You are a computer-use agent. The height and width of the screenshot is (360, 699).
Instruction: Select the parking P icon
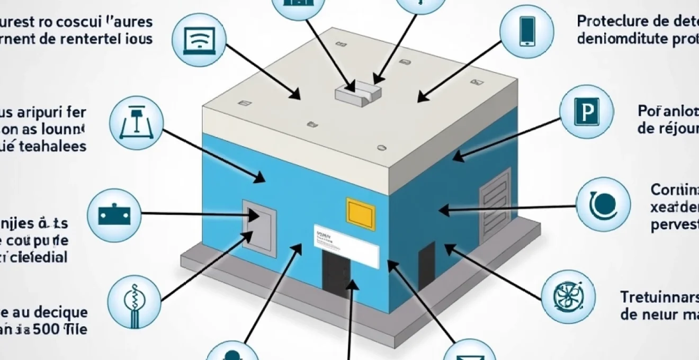point(586,112)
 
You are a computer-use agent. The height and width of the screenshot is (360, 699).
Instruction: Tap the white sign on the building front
point(346,245)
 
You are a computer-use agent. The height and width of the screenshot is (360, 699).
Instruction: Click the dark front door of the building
point(336,273)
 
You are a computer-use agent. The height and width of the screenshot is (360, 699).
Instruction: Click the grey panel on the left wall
point(259,228)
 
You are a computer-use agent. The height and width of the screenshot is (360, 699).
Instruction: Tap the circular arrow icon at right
point(603,204)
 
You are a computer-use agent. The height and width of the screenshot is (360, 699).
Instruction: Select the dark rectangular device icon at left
point(113,214)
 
